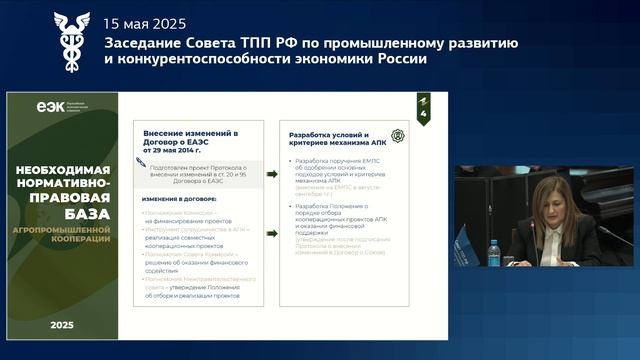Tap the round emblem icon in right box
[397, 135]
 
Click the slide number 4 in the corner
[424, 116]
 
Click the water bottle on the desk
[493, 253]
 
